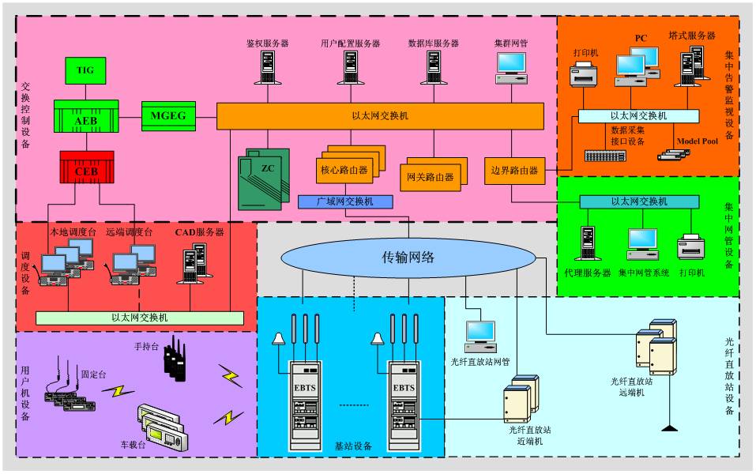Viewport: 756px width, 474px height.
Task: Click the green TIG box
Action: pos(85,70)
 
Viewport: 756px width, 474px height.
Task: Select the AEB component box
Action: pos(85,116)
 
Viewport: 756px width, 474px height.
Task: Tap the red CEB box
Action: pos(86,167)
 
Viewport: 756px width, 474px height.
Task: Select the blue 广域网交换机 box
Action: pos(345,201)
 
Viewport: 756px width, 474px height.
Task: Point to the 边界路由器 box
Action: pos(514,170)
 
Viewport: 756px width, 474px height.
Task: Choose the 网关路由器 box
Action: pos(430,175)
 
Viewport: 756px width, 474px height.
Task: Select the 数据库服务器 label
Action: pos(434,43)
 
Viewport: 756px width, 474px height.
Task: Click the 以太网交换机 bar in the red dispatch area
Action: pos(140,318)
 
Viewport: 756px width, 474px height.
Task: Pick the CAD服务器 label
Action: pos(199,232)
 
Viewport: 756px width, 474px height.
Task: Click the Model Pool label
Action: pos(698,141)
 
